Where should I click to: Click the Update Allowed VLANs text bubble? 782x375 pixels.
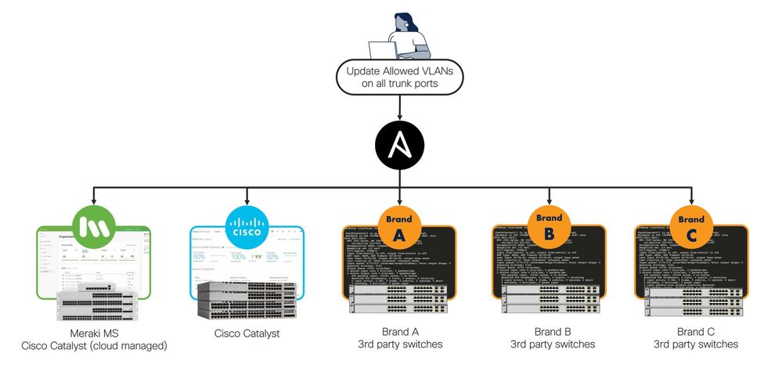click(399, 78)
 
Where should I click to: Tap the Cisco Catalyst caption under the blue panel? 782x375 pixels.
click(247, 334)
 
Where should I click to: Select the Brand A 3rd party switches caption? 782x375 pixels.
click(398, 337)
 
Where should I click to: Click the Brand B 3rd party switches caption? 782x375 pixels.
click(552, 337)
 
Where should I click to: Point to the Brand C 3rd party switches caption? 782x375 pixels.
click(696, 337)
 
